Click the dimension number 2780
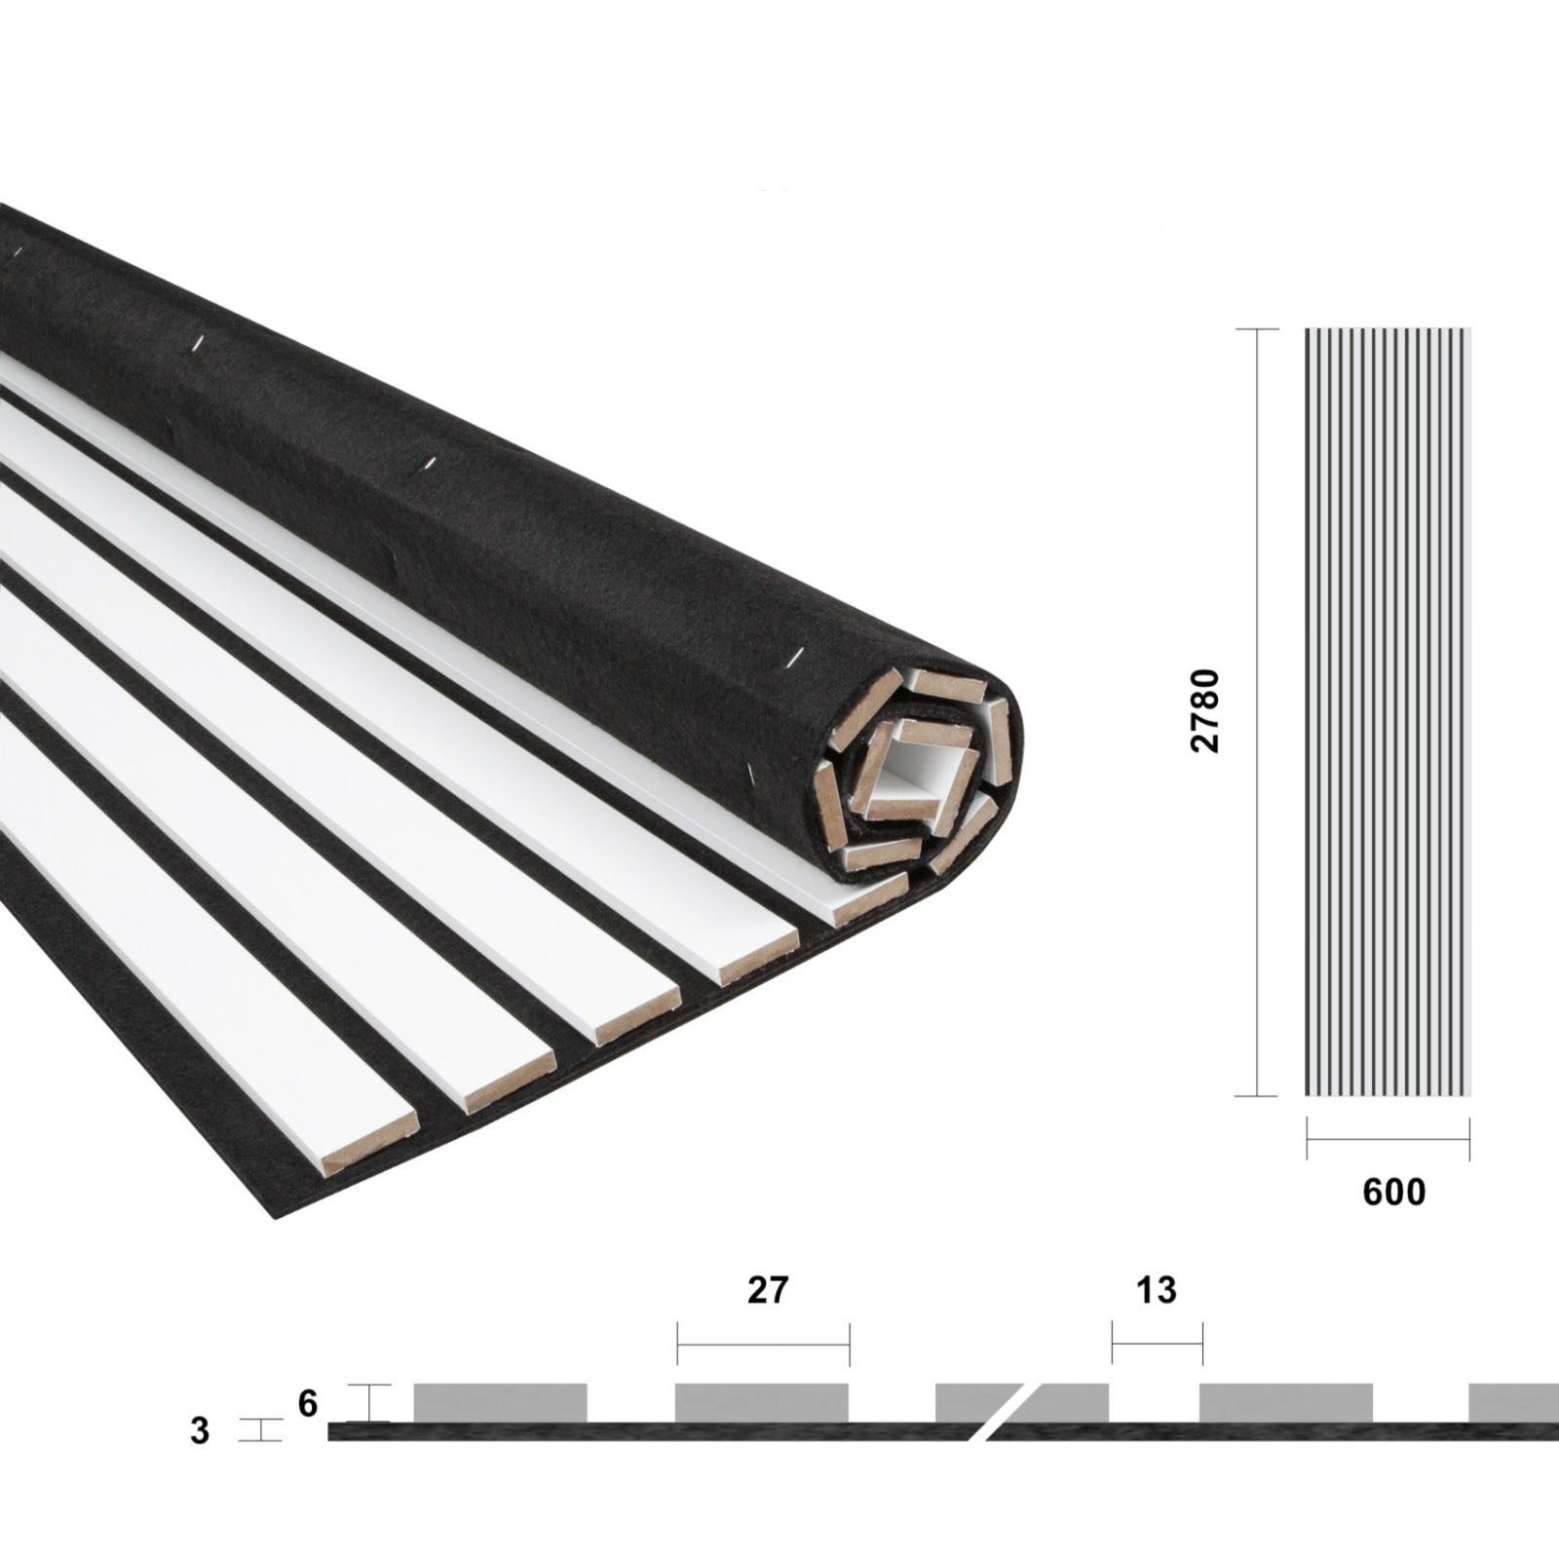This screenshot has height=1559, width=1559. point(1205,710)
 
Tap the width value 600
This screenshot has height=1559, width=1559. point(1393,1192)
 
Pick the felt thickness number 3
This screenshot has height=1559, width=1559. point(200,1431)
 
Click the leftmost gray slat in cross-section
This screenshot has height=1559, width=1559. point(500,1402)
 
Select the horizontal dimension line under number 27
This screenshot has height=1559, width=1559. point(763,1345)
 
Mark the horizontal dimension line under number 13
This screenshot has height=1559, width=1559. point(1157,1345)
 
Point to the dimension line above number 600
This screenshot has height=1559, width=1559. point(1388,1139)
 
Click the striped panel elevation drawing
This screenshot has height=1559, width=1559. point(1388,711)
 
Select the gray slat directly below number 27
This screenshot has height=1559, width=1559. point(762,1402)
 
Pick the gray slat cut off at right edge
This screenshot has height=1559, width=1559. point(1513,1402)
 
